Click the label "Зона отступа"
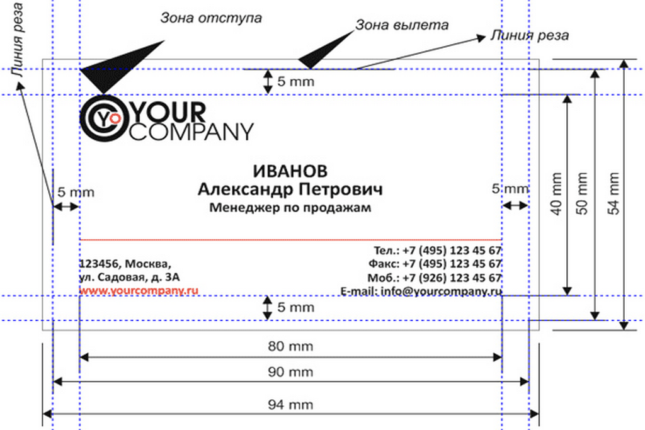tap(210, 18)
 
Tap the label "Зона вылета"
tap(402, 25)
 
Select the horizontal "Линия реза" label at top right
tap(530, 35)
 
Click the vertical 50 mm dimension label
tap(583, 195)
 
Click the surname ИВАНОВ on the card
tap(290, 172)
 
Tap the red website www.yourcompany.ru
tap(139, 291)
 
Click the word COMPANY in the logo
tap(191, 132)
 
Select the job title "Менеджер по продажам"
tap(290, 207)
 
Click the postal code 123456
tap(98, 263)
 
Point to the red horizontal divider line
tap(290, 240)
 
